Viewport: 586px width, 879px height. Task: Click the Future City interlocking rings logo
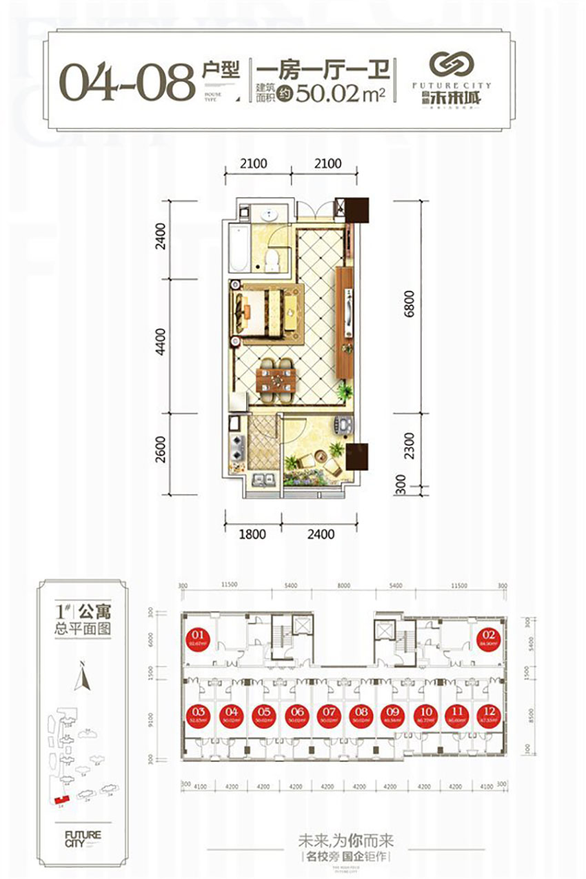(x=452, y=65)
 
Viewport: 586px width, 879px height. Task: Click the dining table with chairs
(x=276, y=379)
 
